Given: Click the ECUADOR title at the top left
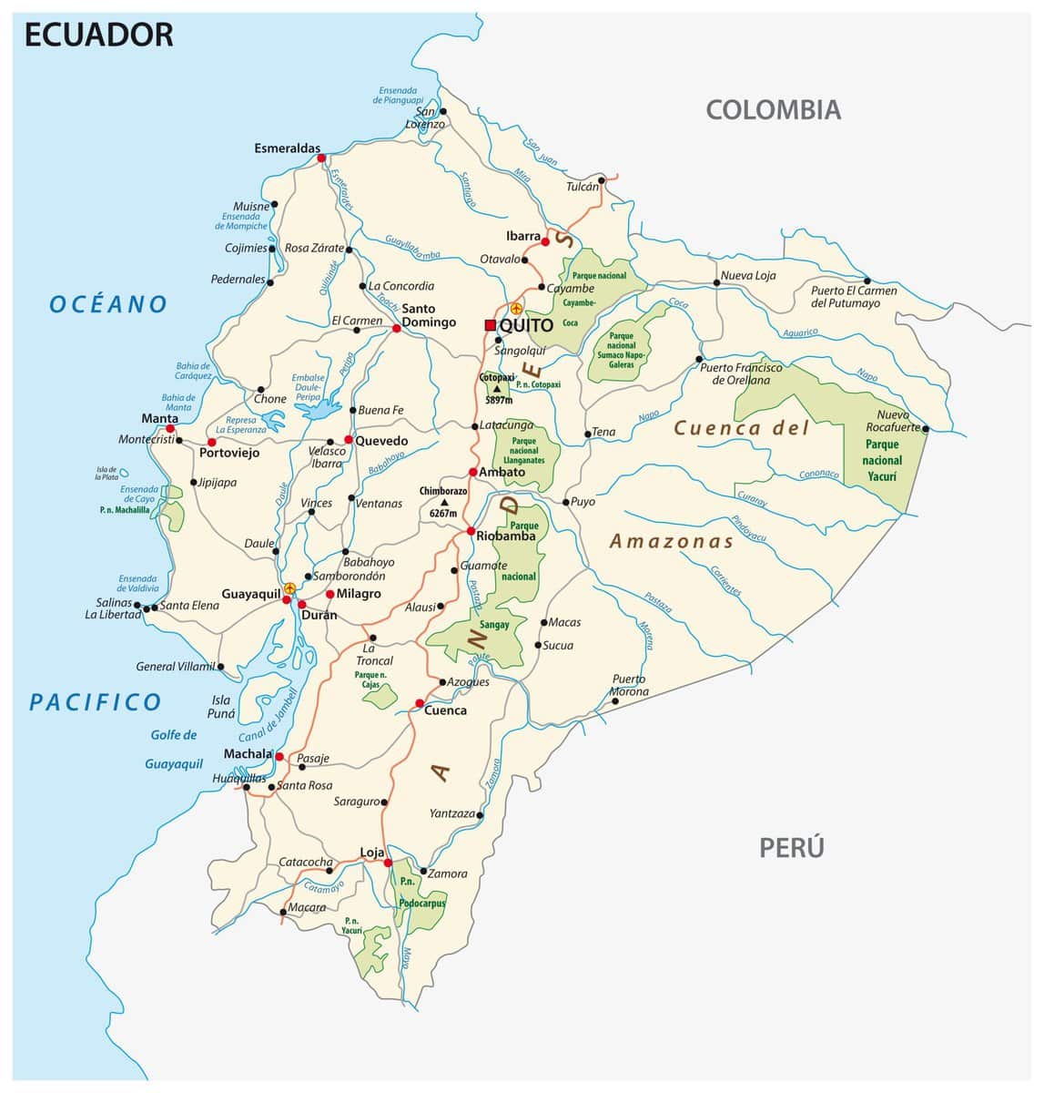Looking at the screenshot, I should pyautogui.click(x=98, y=35).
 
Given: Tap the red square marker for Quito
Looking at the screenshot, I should pyautogui.click(x=491, y=325).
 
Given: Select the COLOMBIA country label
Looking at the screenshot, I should pyautogui.click(x=773, y=110).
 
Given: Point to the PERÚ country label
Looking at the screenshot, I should pyautogui.click(x=792, y=847).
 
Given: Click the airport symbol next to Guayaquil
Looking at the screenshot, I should pyautogui.click(x=289, y=588).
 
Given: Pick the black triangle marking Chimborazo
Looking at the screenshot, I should pyautogui.click(x=444, y=502).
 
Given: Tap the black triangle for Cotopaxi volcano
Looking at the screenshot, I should pyautogui.click(x=497, y=389).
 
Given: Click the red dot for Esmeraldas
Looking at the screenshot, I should pyautogui.click(x=321, y=158).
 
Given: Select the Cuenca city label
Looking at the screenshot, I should pyautogui.click(x=445, y=710).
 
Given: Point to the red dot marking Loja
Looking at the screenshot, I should pyautogui.click(x=388, y=863).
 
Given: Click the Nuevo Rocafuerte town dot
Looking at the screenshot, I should pyautogui.click(x=926, y=428).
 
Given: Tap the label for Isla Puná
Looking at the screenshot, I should pyautogui.click(x=222, y=707).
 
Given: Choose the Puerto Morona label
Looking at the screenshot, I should pyautogui.click(x=630, y=685).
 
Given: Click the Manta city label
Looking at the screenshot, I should pyautogui.click(x=159, y=418).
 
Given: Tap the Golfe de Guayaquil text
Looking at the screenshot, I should pyautogui.click(x=173, y=750).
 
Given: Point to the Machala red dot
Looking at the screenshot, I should pyautogui.click(x=280, y=757).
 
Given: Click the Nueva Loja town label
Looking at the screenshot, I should pyautogui.click(x=747, y=275).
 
